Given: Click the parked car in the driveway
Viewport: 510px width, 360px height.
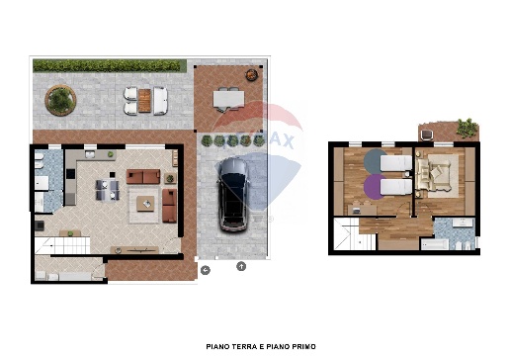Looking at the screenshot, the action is click(233, 195).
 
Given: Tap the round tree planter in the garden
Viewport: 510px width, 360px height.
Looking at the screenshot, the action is click(60, 100).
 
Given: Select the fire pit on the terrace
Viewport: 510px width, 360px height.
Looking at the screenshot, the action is click(251, 75).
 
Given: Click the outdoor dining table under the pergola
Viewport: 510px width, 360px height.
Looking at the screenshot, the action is click(228, 99).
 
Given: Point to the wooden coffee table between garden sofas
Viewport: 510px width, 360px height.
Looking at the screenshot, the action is click(144, 101).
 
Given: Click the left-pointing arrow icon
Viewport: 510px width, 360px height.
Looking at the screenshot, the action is click(206, 270).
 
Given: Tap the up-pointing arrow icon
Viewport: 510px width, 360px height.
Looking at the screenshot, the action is click(241, 266).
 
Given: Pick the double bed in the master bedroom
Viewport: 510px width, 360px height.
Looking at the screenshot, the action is click(434, 176).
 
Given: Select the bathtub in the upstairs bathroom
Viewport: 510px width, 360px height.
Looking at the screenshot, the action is click(435, 244).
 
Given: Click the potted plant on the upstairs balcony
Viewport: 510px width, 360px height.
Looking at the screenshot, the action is click(467, 128).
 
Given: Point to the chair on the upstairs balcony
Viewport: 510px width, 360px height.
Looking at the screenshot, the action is click(427, 135).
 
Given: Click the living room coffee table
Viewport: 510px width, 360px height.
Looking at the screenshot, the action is click(145, 204).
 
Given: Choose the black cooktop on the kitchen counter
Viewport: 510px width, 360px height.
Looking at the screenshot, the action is click(70, 174).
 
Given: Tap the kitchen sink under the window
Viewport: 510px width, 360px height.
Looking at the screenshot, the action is click(90, 154).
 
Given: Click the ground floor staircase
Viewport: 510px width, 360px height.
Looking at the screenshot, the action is click(62, 245).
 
